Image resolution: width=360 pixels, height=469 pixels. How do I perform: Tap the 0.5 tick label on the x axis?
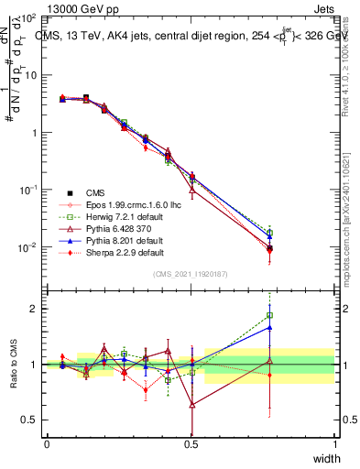(x=191, y=443)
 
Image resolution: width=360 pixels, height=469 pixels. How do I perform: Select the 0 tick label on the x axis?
(x=47, y=443)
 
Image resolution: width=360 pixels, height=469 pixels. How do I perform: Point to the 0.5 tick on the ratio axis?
(x=29, y=420)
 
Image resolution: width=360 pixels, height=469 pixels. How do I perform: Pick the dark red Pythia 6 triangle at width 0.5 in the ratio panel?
(x=191, y=404)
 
